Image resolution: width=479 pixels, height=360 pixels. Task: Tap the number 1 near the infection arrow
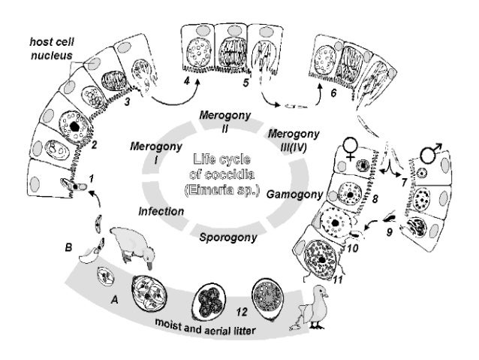tap(91, 177)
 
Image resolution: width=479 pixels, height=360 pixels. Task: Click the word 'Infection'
tap(161, 211)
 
